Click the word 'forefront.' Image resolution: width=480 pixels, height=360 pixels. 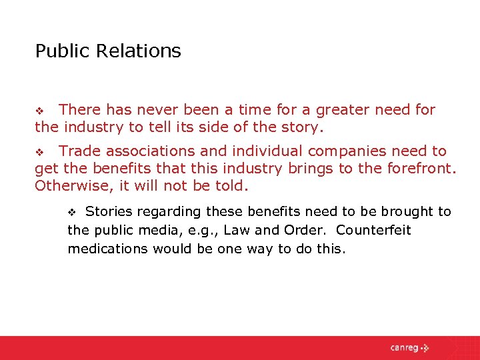[x=419, y=169]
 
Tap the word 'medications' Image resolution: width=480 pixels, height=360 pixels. [x=107, y=249]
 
